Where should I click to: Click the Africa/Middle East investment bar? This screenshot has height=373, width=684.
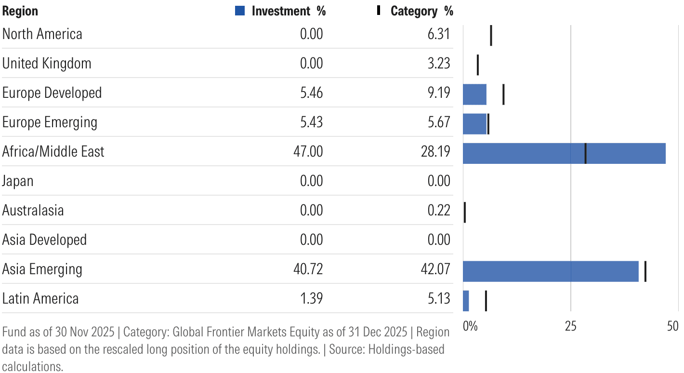click(564, 153)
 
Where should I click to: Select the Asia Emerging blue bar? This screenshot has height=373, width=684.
click(550, 271)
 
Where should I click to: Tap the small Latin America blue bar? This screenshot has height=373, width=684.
click(466, 301)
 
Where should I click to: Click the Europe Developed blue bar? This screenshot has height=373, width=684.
click(474, 94)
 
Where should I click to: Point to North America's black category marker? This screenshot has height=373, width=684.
click(491, 36)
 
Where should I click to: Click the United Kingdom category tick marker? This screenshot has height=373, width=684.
click(477, 65)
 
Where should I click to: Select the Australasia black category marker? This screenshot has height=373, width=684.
click(465, 213)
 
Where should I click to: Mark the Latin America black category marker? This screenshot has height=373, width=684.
click(486, 301)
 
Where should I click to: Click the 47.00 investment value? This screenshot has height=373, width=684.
click(308, 152)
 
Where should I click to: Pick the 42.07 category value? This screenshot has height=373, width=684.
click(435, 269)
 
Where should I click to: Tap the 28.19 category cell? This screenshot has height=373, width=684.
click(435, 152)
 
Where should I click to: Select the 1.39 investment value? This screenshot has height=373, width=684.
click(311, 298)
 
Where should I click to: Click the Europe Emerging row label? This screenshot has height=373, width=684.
click(50, 122)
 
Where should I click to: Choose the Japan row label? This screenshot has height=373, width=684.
click(18, 181)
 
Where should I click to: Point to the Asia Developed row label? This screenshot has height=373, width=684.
click(44, 240)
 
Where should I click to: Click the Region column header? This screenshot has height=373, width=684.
click(20, 11)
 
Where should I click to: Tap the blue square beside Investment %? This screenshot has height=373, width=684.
click(240, 11)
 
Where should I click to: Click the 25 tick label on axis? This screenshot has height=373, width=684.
click(570, 326)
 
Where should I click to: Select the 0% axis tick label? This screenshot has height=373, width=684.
click(470, 326)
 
